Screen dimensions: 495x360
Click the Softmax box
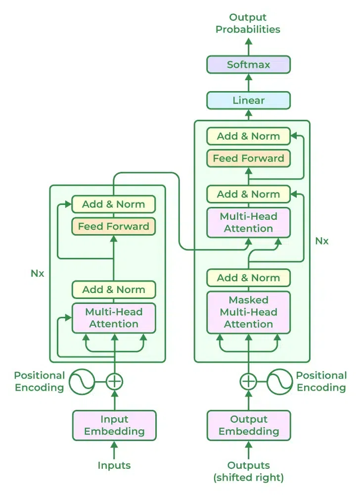(x=248, y=65)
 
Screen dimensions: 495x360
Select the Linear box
(x=248, y=100)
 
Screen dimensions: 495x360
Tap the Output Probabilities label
(x=248, y=23)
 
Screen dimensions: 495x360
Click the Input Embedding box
(x=114, y=425)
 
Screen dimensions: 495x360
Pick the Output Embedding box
(x=248, y=425)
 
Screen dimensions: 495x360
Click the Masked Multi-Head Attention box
(x=248, y=312)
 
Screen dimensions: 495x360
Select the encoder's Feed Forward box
(x=114, y=226)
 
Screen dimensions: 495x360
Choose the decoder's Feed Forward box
(x=248, y=158)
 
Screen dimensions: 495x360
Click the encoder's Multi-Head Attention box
(x=114, y=318)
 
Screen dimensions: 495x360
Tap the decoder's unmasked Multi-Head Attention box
(x=248, y=222)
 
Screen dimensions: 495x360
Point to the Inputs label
(x=114, y=465)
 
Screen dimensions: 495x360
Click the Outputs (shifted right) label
(x=248, y=471)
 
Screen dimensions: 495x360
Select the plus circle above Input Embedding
(x=114, y=382)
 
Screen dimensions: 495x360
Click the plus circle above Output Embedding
(x=248, y=382)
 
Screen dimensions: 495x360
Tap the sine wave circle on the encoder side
(x=82, y=382)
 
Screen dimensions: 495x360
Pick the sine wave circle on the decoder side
(x=280, y=382)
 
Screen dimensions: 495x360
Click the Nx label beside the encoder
(x=38, y=273)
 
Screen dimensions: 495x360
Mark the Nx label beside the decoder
(x=322, y=241)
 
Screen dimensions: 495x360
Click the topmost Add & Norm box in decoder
(x=248, y=136)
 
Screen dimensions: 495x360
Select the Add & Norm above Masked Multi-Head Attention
(x=248, y=278)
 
